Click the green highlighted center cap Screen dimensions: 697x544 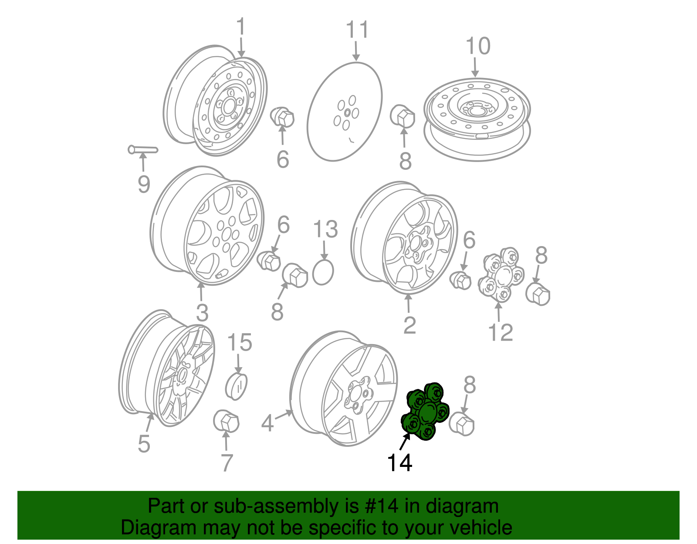pos(425,412)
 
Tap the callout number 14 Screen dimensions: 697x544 pos(399,463)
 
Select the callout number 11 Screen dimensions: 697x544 pos(358,30)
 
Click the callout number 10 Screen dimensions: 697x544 pos(478,46)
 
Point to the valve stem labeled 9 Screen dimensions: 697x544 pos(143,150)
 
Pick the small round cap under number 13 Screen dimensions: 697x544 pos(323,272)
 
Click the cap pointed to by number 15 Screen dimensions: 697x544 pos(237,387)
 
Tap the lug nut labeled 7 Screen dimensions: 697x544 pos(226,421)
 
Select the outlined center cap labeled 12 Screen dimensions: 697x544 pos(501,275)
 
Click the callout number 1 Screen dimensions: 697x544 pos(240,27)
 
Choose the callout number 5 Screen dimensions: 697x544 pos(144,444)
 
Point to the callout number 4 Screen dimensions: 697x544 pos(267,423)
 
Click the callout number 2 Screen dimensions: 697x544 pos(409,325)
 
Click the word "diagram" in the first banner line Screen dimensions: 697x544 pos(462,506)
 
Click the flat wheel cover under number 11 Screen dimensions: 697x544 pos(345,112)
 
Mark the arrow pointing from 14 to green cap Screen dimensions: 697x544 pos(405,441)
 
